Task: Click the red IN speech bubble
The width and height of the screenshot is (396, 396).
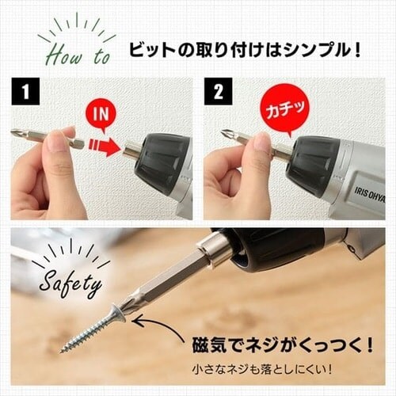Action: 101,112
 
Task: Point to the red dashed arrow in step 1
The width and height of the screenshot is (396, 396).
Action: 104,145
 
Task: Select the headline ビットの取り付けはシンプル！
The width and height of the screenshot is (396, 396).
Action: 245,52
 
